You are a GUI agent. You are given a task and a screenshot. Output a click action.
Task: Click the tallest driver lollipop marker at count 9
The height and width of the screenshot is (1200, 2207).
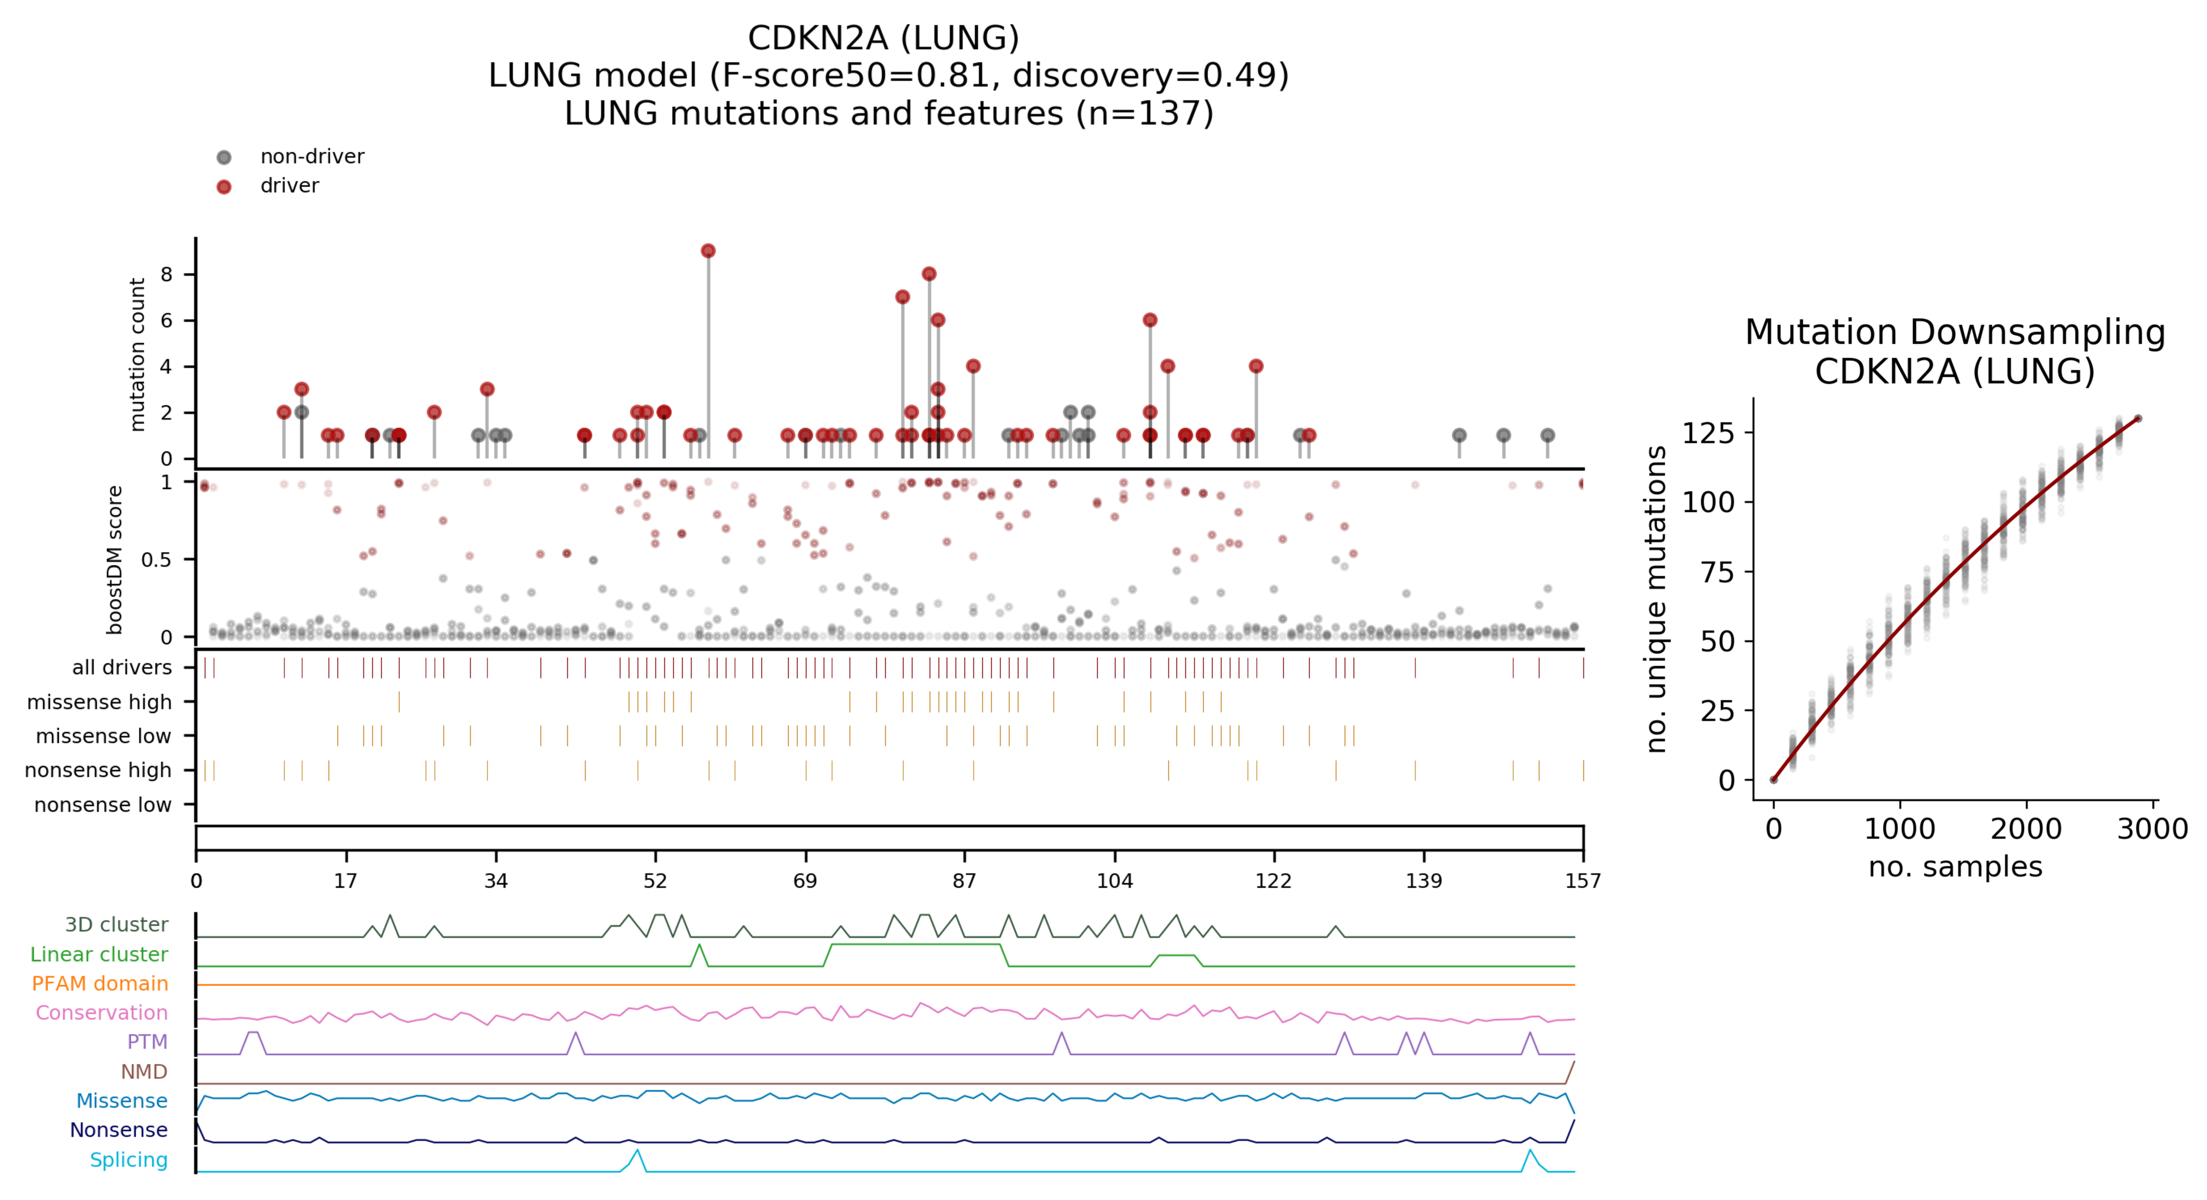pyautogui.click(x=707, y=251)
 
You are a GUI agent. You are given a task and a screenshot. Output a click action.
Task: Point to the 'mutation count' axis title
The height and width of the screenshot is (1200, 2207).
pyautogui.click(x=137, y=354)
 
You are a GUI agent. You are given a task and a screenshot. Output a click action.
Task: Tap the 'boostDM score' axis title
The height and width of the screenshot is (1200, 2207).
pyautogui.click(x=115, y=559)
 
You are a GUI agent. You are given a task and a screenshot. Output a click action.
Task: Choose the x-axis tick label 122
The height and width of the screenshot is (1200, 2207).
pyautogui.click(x=1273, y=881)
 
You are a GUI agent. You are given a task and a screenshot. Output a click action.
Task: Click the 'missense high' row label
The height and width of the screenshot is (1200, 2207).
pyautogui.click(x=99, y=702)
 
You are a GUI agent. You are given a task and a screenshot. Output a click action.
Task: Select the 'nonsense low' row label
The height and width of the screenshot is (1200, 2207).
pyautogui.click(x=103, y=805)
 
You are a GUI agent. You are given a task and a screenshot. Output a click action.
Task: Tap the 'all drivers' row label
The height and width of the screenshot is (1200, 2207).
pyautogui.click(x=122, y=667)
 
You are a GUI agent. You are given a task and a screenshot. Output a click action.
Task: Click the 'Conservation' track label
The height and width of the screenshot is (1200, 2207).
pyautogui.click(x=101, y=1012)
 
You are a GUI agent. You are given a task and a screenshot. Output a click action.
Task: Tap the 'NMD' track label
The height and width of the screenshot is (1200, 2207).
pyautogui.click(x=144, y=1072)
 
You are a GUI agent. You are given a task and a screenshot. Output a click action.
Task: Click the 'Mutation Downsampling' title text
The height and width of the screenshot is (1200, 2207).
pyautogui.click(x=1955, y=332)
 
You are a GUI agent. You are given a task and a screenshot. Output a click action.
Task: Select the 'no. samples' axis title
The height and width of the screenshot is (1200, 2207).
pyautogui.click(x=1955, y=867)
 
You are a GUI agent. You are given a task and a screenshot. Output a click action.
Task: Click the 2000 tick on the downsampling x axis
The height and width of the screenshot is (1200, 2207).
pyautogui.click(x=2026, y=829)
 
